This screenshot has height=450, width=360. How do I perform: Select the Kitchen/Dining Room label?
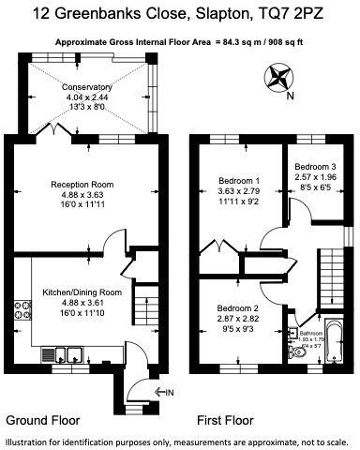[83, 293]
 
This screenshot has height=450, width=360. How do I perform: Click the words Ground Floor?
[42, 419]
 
